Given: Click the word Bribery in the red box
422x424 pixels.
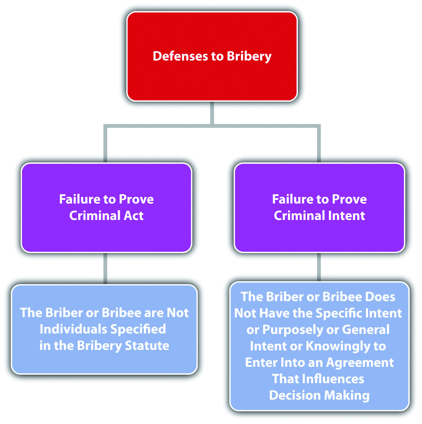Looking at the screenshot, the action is [249, 56].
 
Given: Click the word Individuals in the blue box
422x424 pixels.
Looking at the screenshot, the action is [73, 329].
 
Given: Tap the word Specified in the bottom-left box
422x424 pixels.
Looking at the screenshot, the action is [138, 329].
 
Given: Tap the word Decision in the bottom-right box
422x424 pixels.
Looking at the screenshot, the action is [295, 395].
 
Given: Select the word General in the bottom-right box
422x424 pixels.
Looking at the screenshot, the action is [366, 329].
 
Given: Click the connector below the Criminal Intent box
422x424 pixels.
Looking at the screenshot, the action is [319, 267].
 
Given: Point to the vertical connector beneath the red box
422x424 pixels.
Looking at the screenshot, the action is [212, 113].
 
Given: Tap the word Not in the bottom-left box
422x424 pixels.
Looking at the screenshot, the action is [178, 313].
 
